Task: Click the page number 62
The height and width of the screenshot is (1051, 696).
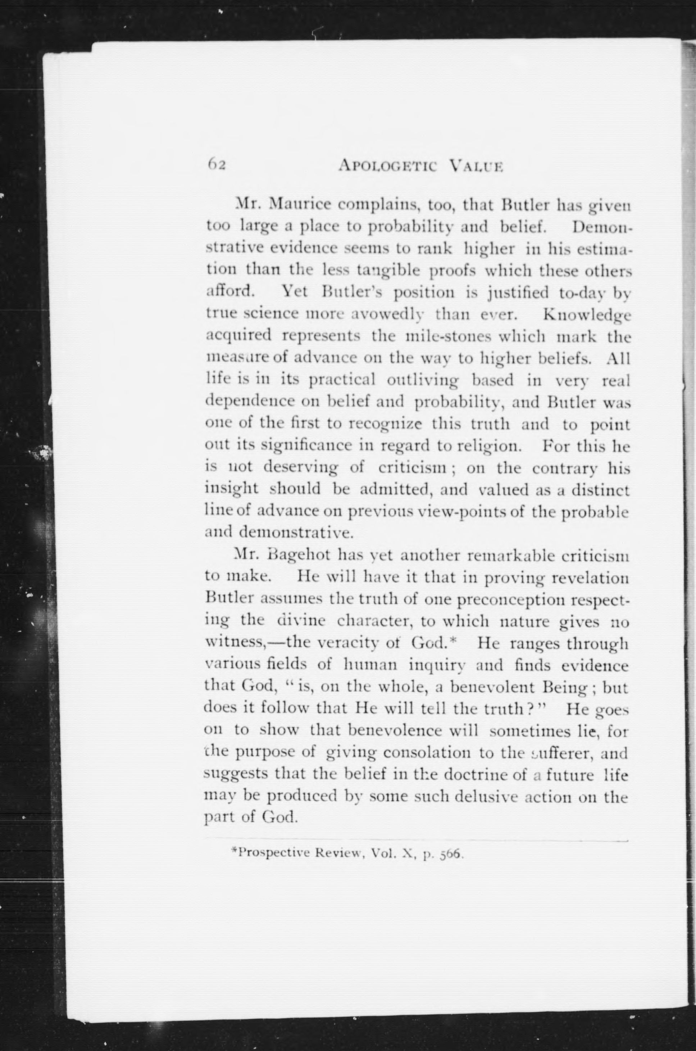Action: coord(217,165)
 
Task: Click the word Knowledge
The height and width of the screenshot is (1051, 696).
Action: coord(586,315)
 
